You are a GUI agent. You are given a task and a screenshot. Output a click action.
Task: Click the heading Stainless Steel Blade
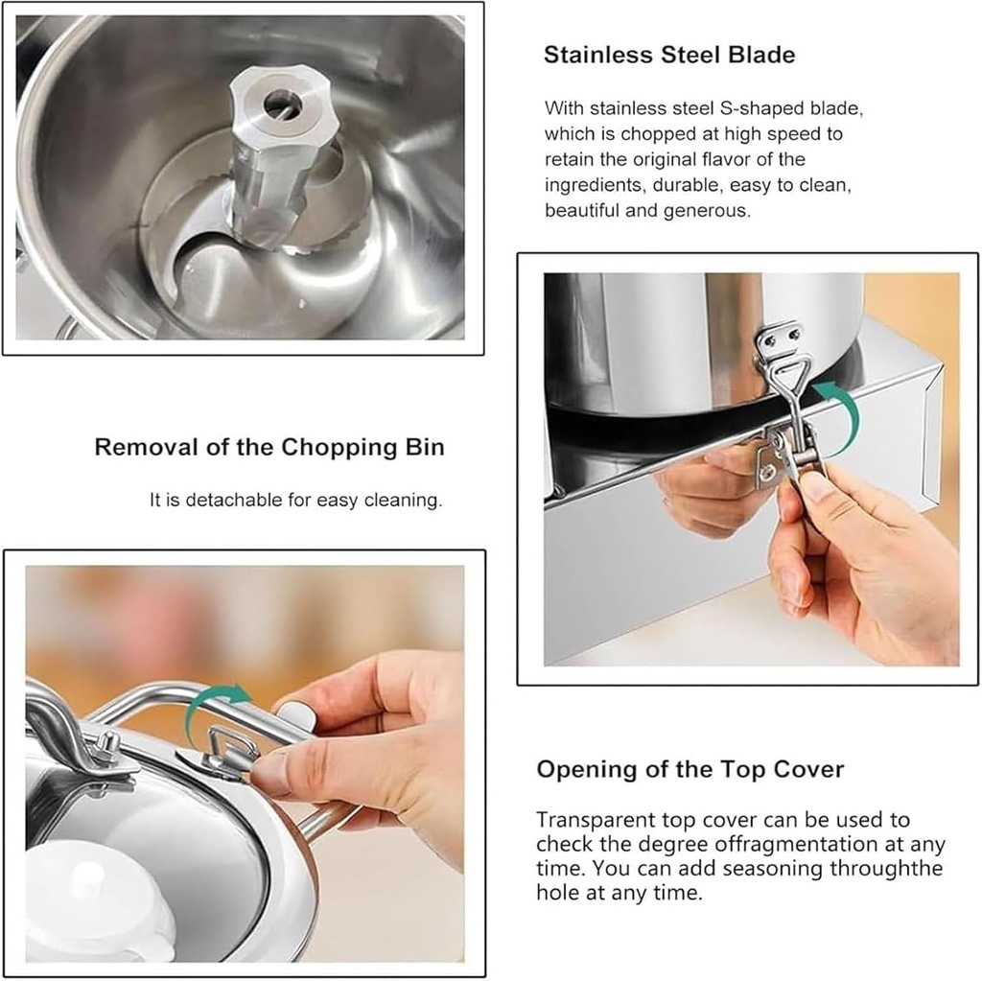(x=668, y=55)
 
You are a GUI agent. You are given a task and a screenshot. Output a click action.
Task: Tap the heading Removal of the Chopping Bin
(x=269, y=447)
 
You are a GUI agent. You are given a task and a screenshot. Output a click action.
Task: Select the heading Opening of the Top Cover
(x=690, y=769)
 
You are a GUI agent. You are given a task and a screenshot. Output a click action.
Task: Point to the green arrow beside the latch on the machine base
(x=835, y=415)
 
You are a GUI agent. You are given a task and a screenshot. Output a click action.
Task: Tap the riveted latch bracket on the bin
(x=779, y=341)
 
